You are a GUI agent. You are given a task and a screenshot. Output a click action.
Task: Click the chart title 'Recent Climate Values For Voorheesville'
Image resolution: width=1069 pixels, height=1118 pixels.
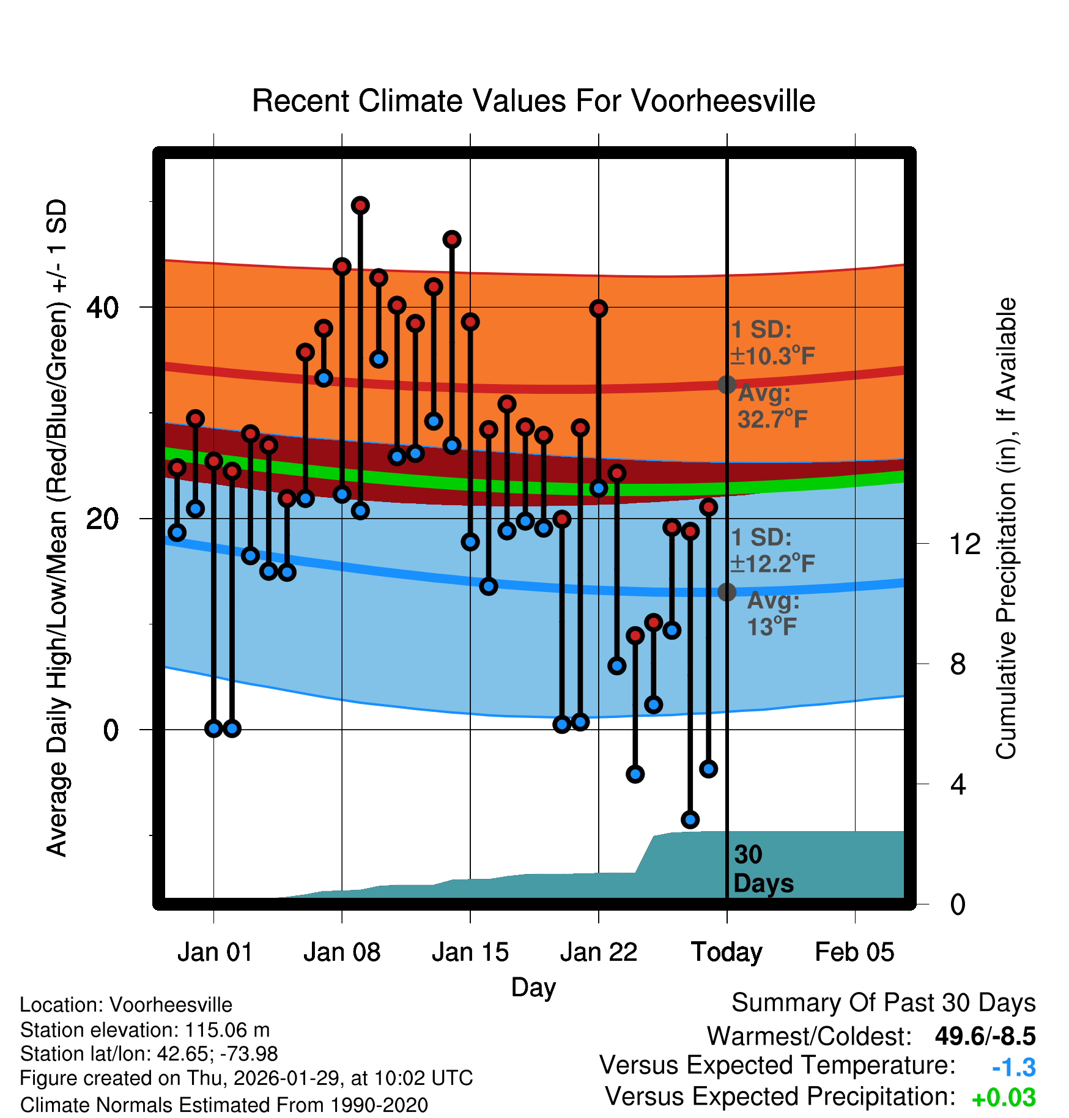pyautogui.click(x=533, y=101)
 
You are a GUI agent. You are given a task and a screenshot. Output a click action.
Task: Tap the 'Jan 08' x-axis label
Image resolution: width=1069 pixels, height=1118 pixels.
pyautogui.click(x=342, y=952)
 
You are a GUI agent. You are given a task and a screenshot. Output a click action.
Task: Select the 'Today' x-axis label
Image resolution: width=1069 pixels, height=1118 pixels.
pyautogui.click(x=727, y=952)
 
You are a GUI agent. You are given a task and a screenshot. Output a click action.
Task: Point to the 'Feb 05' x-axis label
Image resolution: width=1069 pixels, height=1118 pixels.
pyautogui.click(x=854, y=952)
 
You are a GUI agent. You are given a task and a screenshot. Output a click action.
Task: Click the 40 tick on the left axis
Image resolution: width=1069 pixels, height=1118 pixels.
pyautogui.click(x=103, y=307)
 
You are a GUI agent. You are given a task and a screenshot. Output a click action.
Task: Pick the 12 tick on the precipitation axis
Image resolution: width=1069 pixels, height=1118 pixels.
pyautogui.click(x=965, y=544)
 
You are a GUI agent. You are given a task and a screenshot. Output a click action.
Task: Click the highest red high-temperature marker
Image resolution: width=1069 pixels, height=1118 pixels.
pyautogui.click(x=360, y=205)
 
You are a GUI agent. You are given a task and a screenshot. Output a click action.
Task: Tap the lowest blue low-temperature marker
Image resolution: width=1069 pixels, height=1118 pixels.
pyautogui.click(x=690, y=820)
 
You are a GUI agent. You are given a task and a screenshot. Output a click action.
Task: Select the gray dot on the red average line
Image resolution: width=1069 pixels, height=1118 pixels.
pyautogui.click(x=727, y=385)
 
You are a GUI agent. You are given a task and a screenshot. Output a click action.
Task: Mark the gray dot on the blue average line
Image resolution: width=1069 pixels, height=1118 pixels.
pyautogui.click(x=727, y=592)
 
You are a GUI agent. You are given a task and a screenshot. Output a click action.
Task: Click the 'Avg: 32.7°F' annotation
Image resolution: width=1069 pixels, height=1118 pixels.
pyautogui.click(x=772, y=407)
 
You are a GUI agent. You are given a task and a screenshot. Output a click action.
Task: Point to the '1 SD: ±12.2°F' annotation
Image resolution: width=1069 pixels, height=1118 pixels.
pyautogui.click(x=772, y=550)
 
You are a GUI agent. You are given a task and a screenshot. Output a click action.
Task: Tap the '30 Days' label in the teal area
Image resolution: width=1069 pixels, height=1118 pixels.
pyautogui.click(x=763, y=869)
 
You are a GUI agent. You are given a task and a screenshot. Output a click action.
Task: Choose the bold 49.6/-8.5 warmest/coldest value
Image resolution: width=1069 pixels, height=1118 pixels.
pyautogui.click(x=985, y=1037)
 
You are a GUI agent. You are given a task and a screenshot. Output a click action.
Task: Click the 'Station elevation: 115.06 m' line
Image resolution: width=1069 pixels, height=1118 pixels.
pyautogui.click(x=145, y=1030)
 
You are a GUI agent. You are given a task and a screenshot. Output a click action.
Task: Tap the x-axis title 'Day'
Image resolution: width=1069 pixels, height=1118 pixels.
pyautogui.click(x=533, y=987)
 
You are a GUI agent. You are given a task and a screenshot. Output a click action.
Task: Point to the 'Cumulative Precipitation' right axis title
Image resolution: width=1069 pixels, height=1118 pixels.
pyautogui.click(x=1006, y=529)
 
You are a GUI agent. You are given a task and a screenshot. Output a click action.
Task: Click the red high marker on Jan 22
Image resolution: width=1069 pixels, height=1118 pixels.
pyautogui.click(x=598, y=308)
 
